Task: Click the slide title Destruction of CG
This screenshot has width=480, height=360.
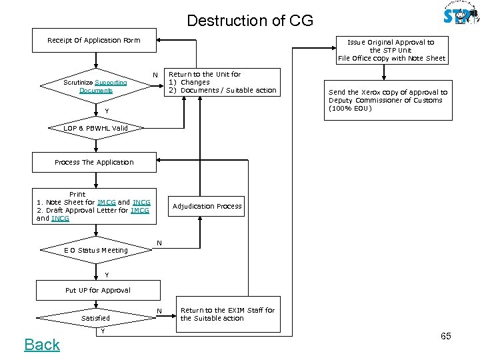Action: click(x=249, y=20)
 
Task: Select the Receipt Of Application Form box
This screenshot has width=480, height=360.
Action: click(x=94, y=40)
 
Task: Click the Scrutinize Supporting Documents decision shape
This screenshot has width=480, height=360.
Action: click(x=95, y=86)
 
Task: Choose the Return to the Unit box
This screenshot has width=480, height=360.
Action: click(x=221, y=82)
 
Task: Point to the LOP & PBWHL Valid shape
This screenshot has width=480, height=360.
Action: click(x=95, y=128)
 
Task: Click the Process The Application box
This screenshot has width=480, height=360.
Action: click(x=94, y=162)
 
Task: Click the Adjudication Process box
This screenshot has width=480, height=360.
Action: click(x=207, y=206)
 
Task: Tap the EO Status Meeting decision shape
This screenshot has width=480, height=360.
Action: click(x=95, y=250)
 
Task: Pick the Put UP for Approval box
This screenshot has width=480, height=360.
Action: click(x=97, y=290)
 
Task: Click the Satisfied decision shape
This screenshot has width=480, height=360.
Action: click(x=95, y=318)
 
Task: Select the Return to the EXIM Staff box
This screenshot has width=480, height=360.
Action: click(x=227, y=314)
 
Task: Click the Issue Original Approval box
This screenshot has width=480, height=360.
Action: click(x=391, y=50)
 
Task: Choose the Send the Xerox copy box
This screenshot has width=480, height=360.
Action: click(x=387, y=101)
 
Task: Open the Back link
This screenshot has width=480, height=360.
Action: click(x=42, y=345)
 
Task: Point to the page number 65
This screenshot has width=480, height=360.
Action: click(x=445, y=336)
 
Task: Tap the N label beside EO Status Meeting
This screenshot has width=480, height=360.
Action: click(x=159, y=242)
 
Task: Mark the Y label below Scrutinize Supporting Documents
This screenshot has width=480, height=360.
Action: click(x=107, y=110)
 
